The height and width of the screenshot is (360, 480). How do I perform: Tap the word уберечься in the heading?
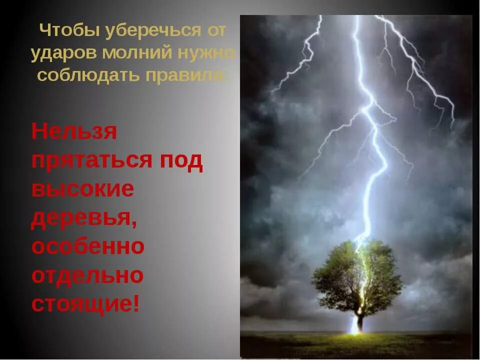pyautogui.click(x=148, y=31)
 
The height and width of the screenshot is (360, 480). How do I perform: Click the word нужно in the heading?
pyautogui.click(x=209, y=53)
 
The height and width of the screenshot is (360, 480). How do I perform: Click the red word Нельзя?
pyautogui.click(x=74, y=132)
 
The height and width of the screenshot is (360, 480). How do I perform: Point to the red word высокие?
pyautogui.click(x=82, y=189)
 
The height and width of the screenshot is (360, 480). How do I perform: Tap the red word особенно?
pyautogui.click(x=88, y=246)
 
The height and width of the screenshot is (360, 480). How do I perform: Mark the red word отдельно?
pyautogui.click(x=87, y=275)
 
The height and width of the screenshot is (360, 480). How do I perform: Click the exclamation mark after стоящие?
pyautogui.click(x=136, y=303)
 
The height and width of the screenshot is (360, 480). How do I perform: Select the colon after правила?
pyautogui.click(x=228, y=76)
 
